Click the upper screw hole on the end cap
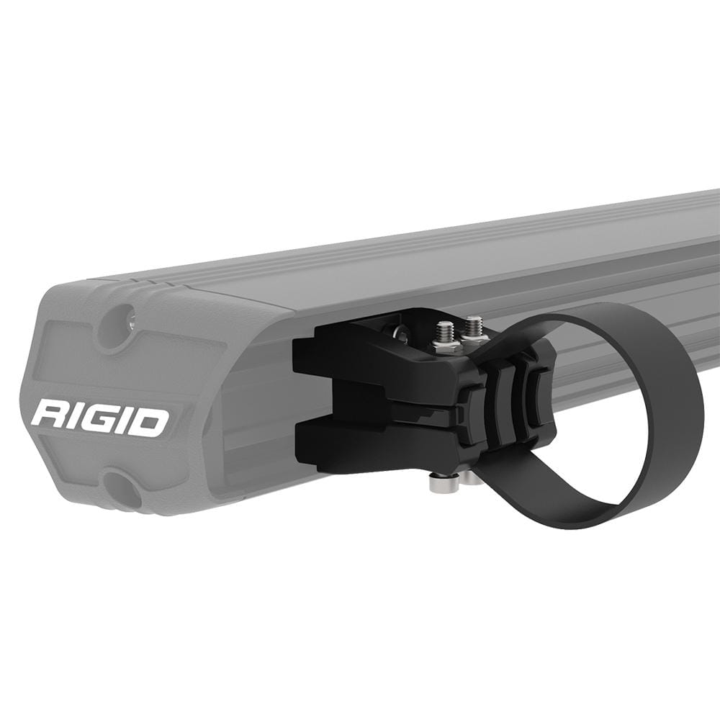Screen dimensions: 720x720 pyautogui.click(x=120, y=322)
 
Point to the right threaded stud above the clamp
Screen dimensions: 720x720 pyautogui.click(x=473, y=325)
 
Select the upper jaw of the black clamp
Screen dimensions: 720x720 pyautogui.click(x=374, y=360)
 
